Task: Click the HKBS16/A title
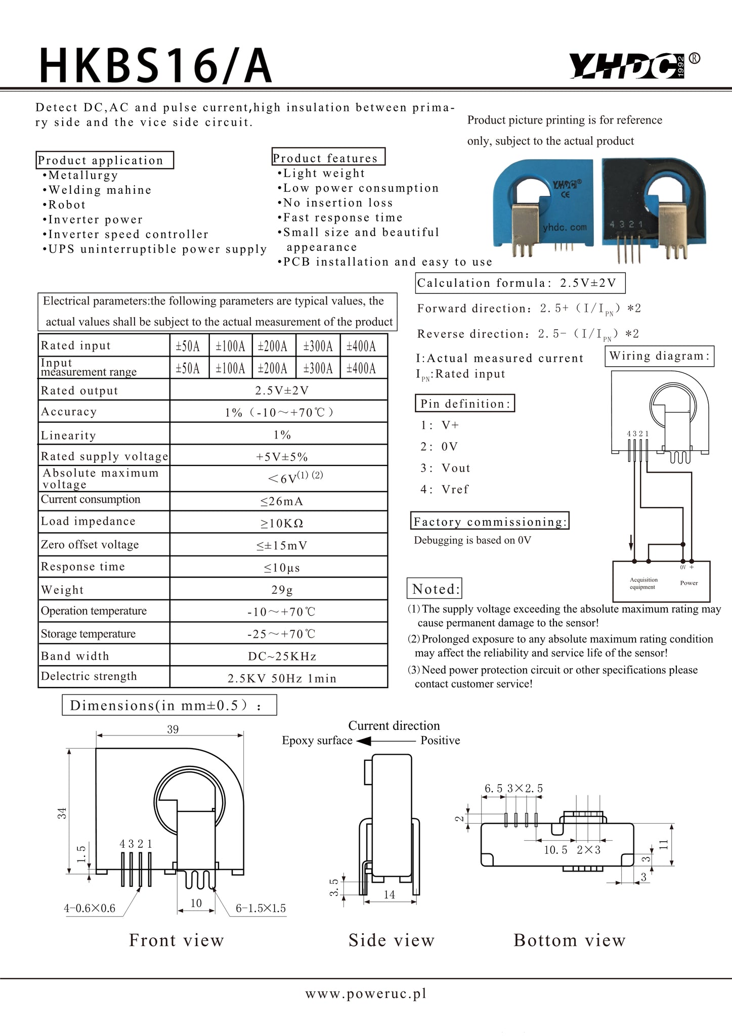[x=156, y=66]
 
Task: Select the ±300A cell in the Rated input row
[x=318, y=346]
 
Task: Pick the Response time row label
[x=83, y=567]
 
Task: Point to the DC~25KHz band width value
[x=282, y=656]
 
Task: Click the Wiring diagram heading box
[x=659, y=356]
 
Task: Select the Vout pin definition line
[x=445, y=468]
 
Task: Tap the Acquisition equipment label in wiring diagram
[x=643, y=583]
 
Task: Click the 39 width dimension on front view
[x=173, y=729]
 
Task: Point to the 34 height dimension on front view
[x=62, y=813]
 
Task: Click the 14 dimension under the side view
[x=389, y=895]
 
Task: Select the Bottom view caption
[x=570, y=940]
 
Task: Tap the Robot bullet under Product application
[x=67, y=205]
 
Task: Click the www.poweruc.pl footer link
[x=366, y=994]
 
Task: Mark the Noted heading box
[x=435, y=589]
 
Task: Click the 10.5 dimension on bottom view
[x=555, y=850]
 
